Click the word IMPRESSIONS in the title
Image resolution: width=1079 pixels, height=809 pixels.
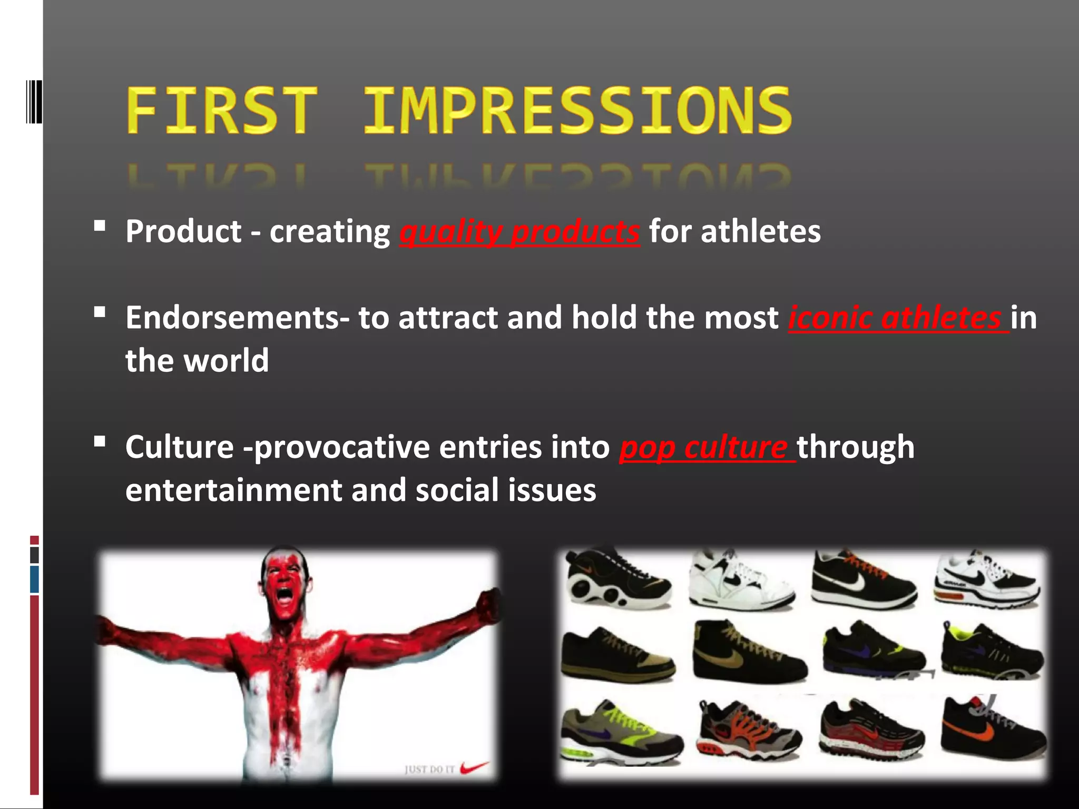coord(577,111)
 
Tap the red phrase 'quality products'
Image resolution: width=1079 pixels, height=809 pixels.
coord(519,232)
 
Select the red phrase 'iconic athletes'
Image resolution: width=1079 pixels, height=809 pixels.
coord(897,318)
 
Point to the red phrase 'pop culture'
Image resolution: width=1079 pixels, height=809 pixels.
coord(706,448)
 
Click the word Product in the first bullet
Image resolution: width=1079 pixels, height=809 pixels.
coord(183,232)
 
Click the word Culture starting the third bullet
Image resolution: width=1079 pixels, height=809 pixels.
coord(179,448)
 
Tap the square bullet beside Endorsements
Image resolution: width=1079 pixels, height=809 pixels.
coord(99,313)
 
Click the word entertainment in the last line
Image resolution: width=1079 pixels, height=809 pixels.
coord(234,491)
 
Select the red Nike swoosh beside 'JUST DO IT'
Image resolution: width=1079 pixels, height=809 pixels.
coord(474,767)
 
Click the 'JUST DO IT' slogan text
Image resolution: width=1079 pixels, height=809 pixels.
coord(429,769)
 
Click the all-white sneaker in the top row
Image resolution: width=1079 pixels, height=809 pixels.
coord(740,582)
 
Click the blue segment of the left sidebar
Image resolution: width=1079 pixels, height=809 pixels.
coord(35,579)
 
